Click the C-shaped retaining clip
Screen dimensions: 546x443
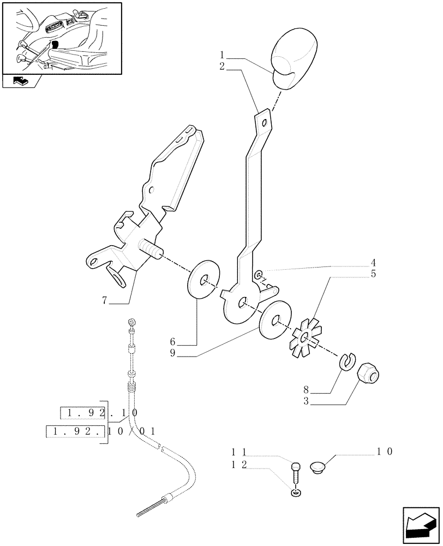(346, 361)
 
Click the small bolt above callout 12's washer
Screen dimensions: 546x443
(296, 470)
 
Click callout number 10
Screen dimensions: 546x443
(384, 452)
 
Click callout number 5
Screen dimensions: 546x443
(373, 274)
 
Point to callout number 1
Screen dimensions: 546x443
(223, 55)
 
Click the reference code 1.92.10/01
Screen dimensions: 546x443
(101, 431)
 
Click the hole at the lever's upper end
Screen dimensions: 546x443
(264, 122)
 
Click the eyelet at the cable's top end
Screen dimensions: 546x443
(131, 321)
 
